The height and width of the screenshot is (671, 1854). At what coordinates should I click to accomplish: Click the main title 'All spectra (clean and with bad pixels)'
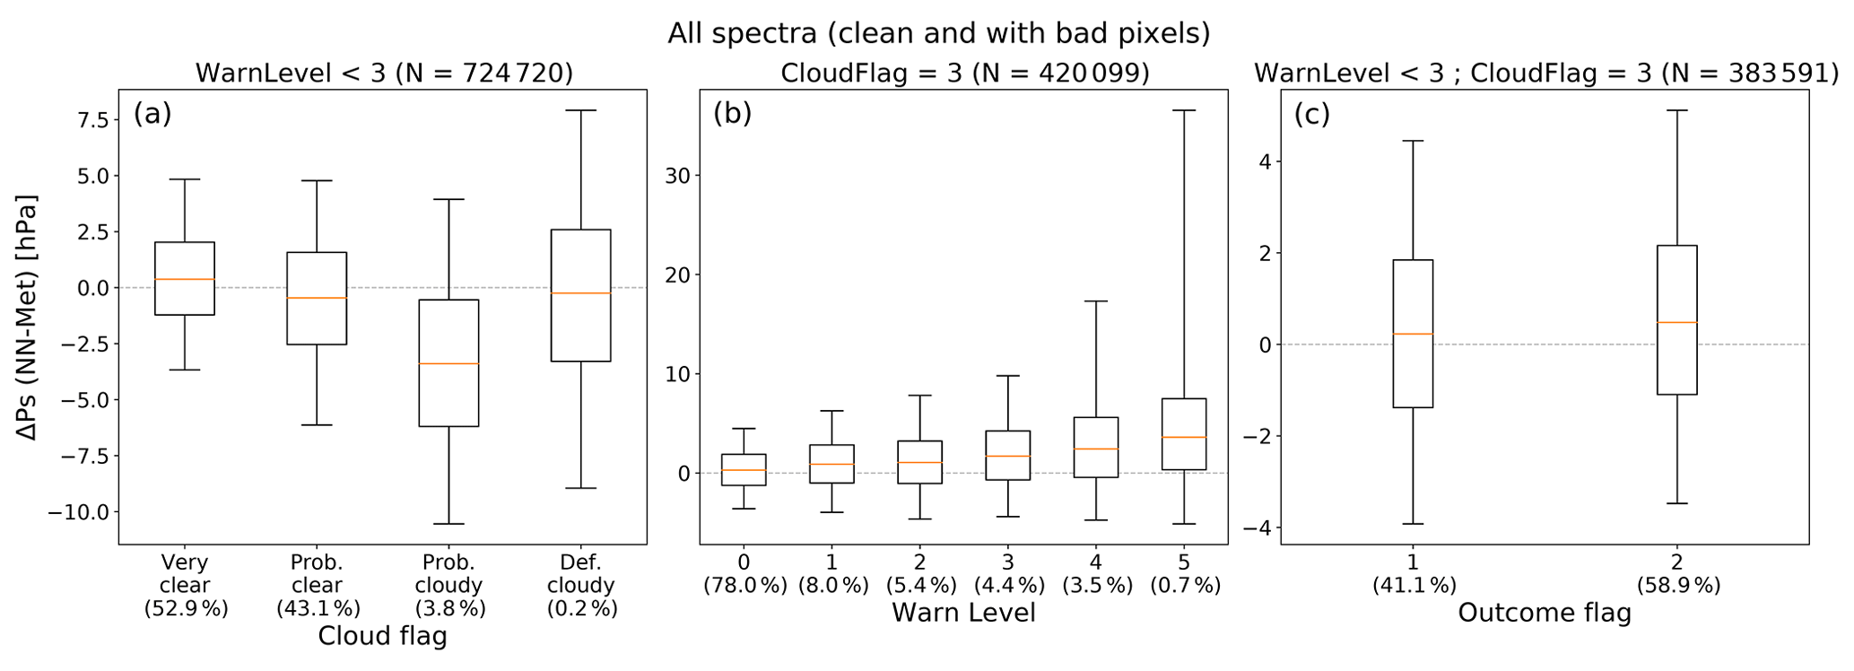(x=938, y=33)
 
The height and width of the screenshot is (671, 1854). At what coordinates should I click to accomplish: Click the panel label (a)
(x=152, y=114)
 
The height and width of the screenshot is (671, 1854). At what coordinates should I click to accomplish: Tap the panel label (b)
(x=732, y=114)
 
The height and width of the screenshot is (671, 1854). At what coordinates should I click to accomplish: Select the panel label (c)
(x=1311, y=114)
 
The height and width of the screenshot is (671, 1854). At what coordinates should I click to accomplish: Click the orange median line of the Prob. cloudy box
(x=448, y=363)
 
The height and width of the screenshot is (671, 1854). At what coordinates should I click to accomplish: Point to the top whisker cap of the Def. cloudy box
(x=580, y=110)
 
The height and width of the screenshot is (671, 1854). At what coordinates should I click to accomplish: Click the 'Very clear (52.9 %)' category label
(x=186, y=585)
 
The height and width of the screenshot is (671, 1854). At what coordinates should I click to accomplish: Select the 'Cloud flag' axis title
(x=382, y=636)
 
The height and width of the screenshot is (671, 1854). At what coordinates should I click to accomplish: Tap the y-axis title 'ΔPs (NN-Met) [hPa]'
(x=29, y=318)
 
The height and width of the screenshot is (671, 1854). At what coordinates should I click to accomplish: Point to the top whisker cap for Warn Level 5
(x=1184, y=110)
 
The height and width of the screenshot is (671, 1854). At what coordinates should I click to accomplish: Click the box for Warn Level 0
(x=744, y=469)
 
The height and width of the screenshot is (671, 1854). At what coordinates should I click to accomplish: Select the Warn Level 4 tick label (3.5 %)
(x=1096, y=574)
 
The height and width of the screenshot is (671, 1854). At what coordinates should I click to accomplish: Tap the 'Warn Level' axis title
(x=963, y=613)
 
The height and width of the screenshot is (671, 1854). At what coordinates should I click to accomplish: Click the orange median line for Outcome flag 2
(x=1676, y=322)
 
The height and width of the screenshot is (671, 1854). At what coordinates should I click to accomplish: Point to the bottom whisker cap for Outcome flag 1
(x=1413, y=524)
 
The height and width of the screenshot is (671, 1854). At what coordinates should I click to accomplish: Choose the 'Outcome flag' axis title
(x=1544, y=613)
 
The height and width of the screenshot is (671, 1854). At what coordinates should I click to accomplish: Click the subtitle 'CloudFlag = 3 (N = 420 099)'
(x=964, y=73)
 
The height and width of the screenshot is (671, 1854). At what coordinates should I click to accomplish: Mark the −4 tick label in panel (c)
(x=1258, y=527)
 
